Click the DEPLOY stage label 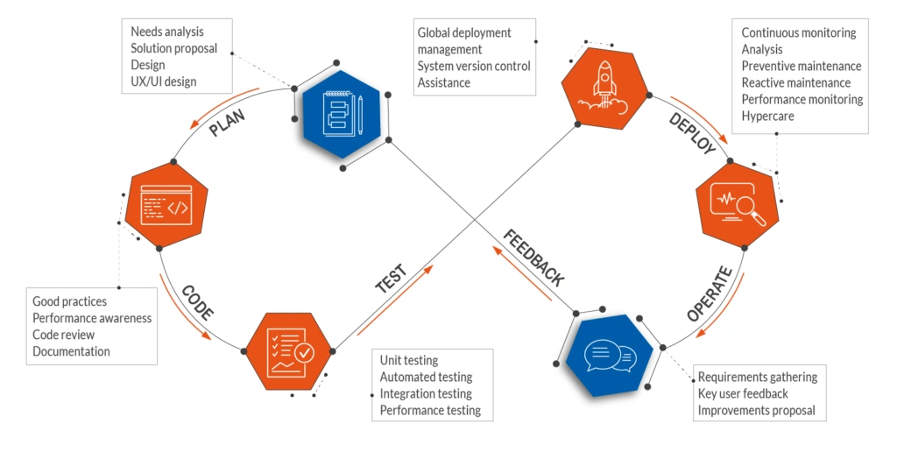692,133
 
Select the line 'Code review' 63,335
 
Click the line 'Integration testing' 426,393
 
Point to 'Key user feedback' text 743,393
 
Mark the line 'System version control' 474,66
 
